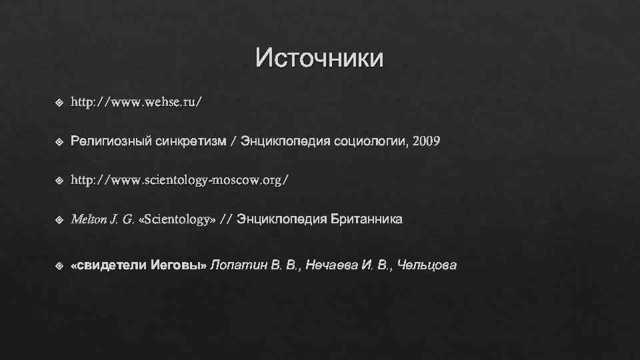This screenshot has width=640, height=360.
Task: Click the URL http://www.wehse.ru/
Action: pyautogui.click(x=136, y=103)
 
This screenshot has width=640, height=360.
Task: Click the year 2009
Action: pyautogui.click(x=427, y=142)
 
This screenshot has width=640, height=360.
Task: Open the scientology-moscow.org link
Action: pyautogui.click(x=180, y=181)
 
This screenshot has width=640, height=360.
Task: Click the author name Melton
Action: pyautogui.click(x=87, y=219)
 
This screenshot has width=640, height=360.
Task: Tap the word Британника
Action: pyautogui.click(x=365, y=219)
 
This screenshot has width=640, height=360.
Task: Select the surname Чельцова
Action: pyautogui.click(x=427, y=266)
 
